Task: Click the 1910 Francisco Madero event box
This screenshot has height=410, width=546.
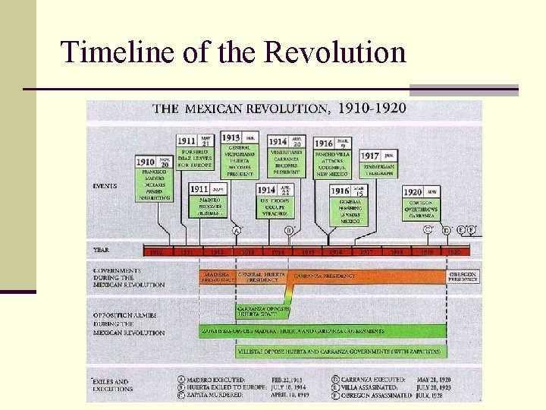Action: point(155,178)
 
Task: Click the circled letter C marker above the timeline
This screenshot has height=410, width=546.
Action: point(428,229)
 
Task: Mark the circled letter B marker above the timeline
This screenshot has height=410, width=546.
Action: point(288,230)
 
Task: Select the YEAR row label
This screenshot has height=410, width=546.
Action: point(101,250)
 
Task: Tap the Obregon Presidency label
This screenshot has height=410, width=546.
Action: point(463,276)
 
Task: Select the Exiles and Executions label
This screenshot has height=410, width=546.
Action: point(111,385)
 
